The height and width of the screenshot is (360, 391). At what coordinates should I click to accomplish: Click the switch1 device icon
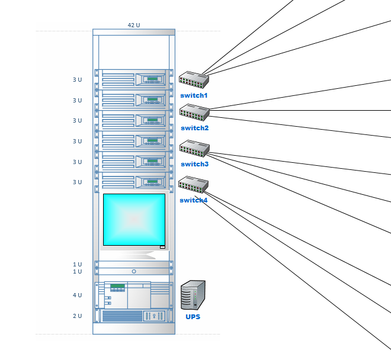(194, 80)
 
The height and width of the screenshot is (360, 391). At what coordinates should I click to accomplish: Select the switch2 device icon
(194, 112)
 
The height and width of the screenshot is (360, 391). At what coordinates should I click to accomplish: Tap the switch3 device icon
(194, 149)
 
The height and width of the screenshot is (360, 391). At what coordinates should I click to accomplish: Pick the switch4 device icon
(193, 185)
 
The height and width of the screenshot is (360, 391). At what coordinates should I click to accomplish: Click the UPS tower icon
(193, 295)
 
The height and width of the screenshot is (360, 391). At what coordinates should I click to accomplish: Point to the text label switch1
(194, 95)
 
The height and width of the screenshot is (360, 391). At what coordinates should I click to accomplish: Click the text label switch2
(194, 128)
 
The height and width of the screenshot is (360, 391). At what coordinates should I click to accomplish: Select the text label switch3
(194, 164)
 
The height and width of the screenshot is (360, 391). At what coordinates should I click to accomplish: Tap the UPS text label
(193, 317)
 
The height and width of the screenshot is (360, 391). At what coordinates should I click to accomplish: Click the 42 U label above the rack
(134, 25)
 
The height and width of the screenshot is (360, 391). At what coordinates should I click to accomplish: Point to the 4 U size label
(77, 295)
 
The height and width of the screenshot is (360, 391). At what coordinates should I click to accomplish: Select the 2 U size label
(77, 316)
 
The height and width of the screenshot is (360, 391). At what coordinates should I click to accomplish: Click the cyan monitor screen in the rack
(134, 220)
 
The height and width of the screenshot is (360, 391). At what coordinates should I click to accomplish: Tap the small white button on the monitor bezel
(162, 247)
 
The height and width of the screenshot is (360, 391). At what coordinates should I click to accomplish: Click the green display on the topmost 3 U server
(152, 79)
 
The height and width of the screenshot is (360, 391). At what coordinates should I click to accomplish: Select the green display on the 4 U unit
(117, 286)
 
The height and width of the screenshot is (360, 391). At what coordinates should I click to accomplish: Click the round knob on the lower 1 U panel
(134, 271)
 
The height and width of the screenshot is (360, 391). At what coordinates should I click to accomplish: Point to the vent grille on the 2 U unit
(122, 316)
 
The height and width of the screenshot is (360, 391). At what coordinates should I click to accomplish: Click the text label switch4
(194, 200)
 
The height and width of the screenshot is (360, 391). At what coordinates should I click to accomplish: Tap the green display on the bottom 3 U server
(152, 182)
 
